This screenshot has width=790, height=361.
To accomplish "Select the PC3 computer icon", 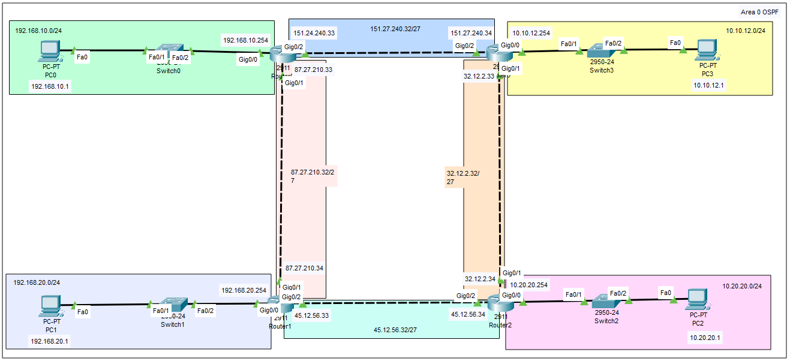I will [x=708, y=49].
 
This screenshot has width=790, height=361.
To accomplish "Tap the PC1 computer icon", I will [x=50, y=306].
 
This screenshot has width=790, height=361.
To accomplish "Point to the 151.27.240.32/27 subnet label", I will [x=391, y=28].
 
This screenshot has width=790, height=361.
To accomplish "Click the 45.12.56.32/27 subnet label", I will [x=395, y=330].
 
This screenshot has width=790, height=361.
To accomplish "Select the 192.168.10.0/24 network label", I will [x=38, y=30].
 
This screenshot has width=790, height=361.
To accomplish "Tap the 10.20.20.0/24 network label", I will [x=742, y=286].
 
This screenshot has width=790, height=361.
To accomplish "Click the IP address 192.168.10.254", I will [x=245, y=40].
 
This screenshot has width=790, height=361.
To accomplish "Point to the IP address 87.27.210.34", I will [x=304, y=268].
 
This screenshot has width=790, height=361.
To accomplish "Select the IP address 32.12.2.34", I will [x=480, y=279].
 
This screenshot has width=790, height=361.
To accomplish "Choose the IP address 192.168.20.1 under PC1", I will [x=50, y=341].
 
